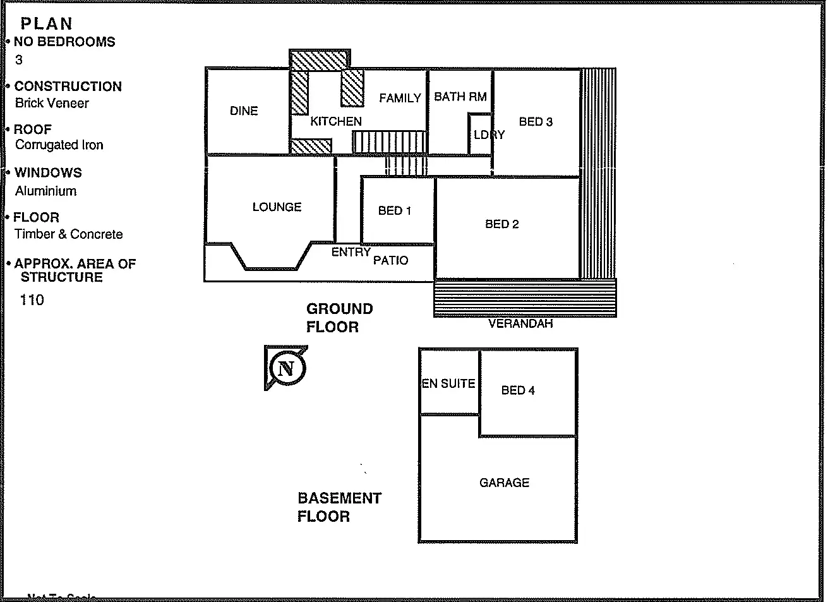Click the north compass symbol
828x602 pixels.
(x=286, y=368)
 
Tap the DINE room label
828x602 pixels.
(x=244, y=111)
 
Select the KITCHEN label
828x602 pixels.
(x=336, y=121)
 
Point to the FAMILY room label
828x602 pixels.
(x=400, y=98)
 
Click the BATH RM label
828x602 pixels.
(x=460, y=97)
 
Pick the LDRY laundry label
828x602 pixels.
(x=489, y=135)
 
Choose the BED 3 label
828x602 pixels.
(x=536, y=122)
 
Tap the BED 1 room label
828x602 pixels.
(x=395, y=210)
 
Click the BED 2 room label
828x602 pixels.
(x=502, y=224)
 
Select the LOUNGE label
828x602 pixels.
(x=277, y=207)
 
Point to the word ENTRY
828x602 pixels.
(x=351, y=252)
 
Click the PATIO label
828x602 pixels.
(x=390, y=260)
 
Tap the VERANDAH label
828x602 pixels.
(x=520, y=323)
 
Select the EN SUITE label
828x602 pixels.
(x=448, y=383)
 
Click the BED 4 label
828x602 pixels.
(x=518, y=390)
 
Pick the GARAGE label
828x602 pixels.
(x=504, y=483)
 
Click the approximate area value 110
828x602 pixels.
(x=32, y=300)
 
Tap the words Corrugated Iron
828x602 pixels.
(x=59, y=145)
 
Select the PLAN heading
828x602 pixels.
(x=46, y=24)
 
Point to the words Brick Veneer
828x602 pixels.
(x=52, y=103)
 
